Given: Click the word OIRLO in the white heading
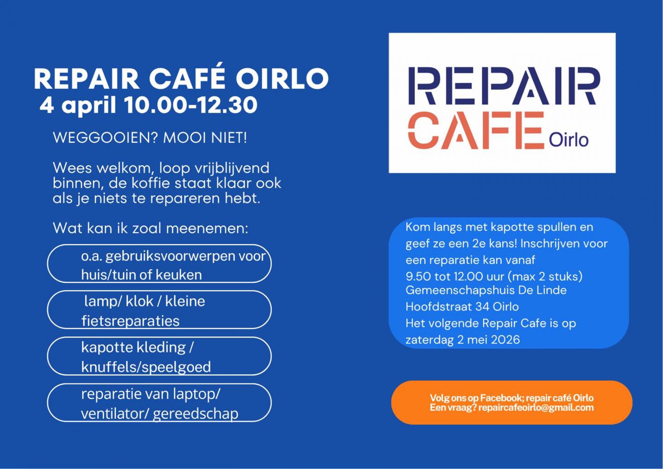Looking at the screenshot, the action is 282,78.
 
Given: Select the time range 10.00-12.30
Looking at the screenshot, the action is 191,105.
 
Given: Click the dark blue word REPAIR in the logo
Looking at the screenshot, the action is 504,86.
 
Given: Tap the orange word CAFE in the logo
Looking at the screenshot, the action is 476,130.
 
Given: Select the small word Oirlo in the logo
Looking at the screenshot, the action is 569,140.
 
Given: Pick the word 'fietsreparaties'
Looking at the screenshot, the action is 130,321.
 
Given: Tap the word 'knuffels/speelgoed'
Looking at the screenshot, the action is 146,367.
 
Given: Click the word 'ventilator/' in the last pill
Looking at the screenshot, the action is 115,414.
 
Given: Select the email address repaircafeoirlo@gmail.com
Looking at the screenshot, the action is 536,407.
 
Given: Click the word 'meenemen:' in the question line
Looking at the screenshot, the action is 207,228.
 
